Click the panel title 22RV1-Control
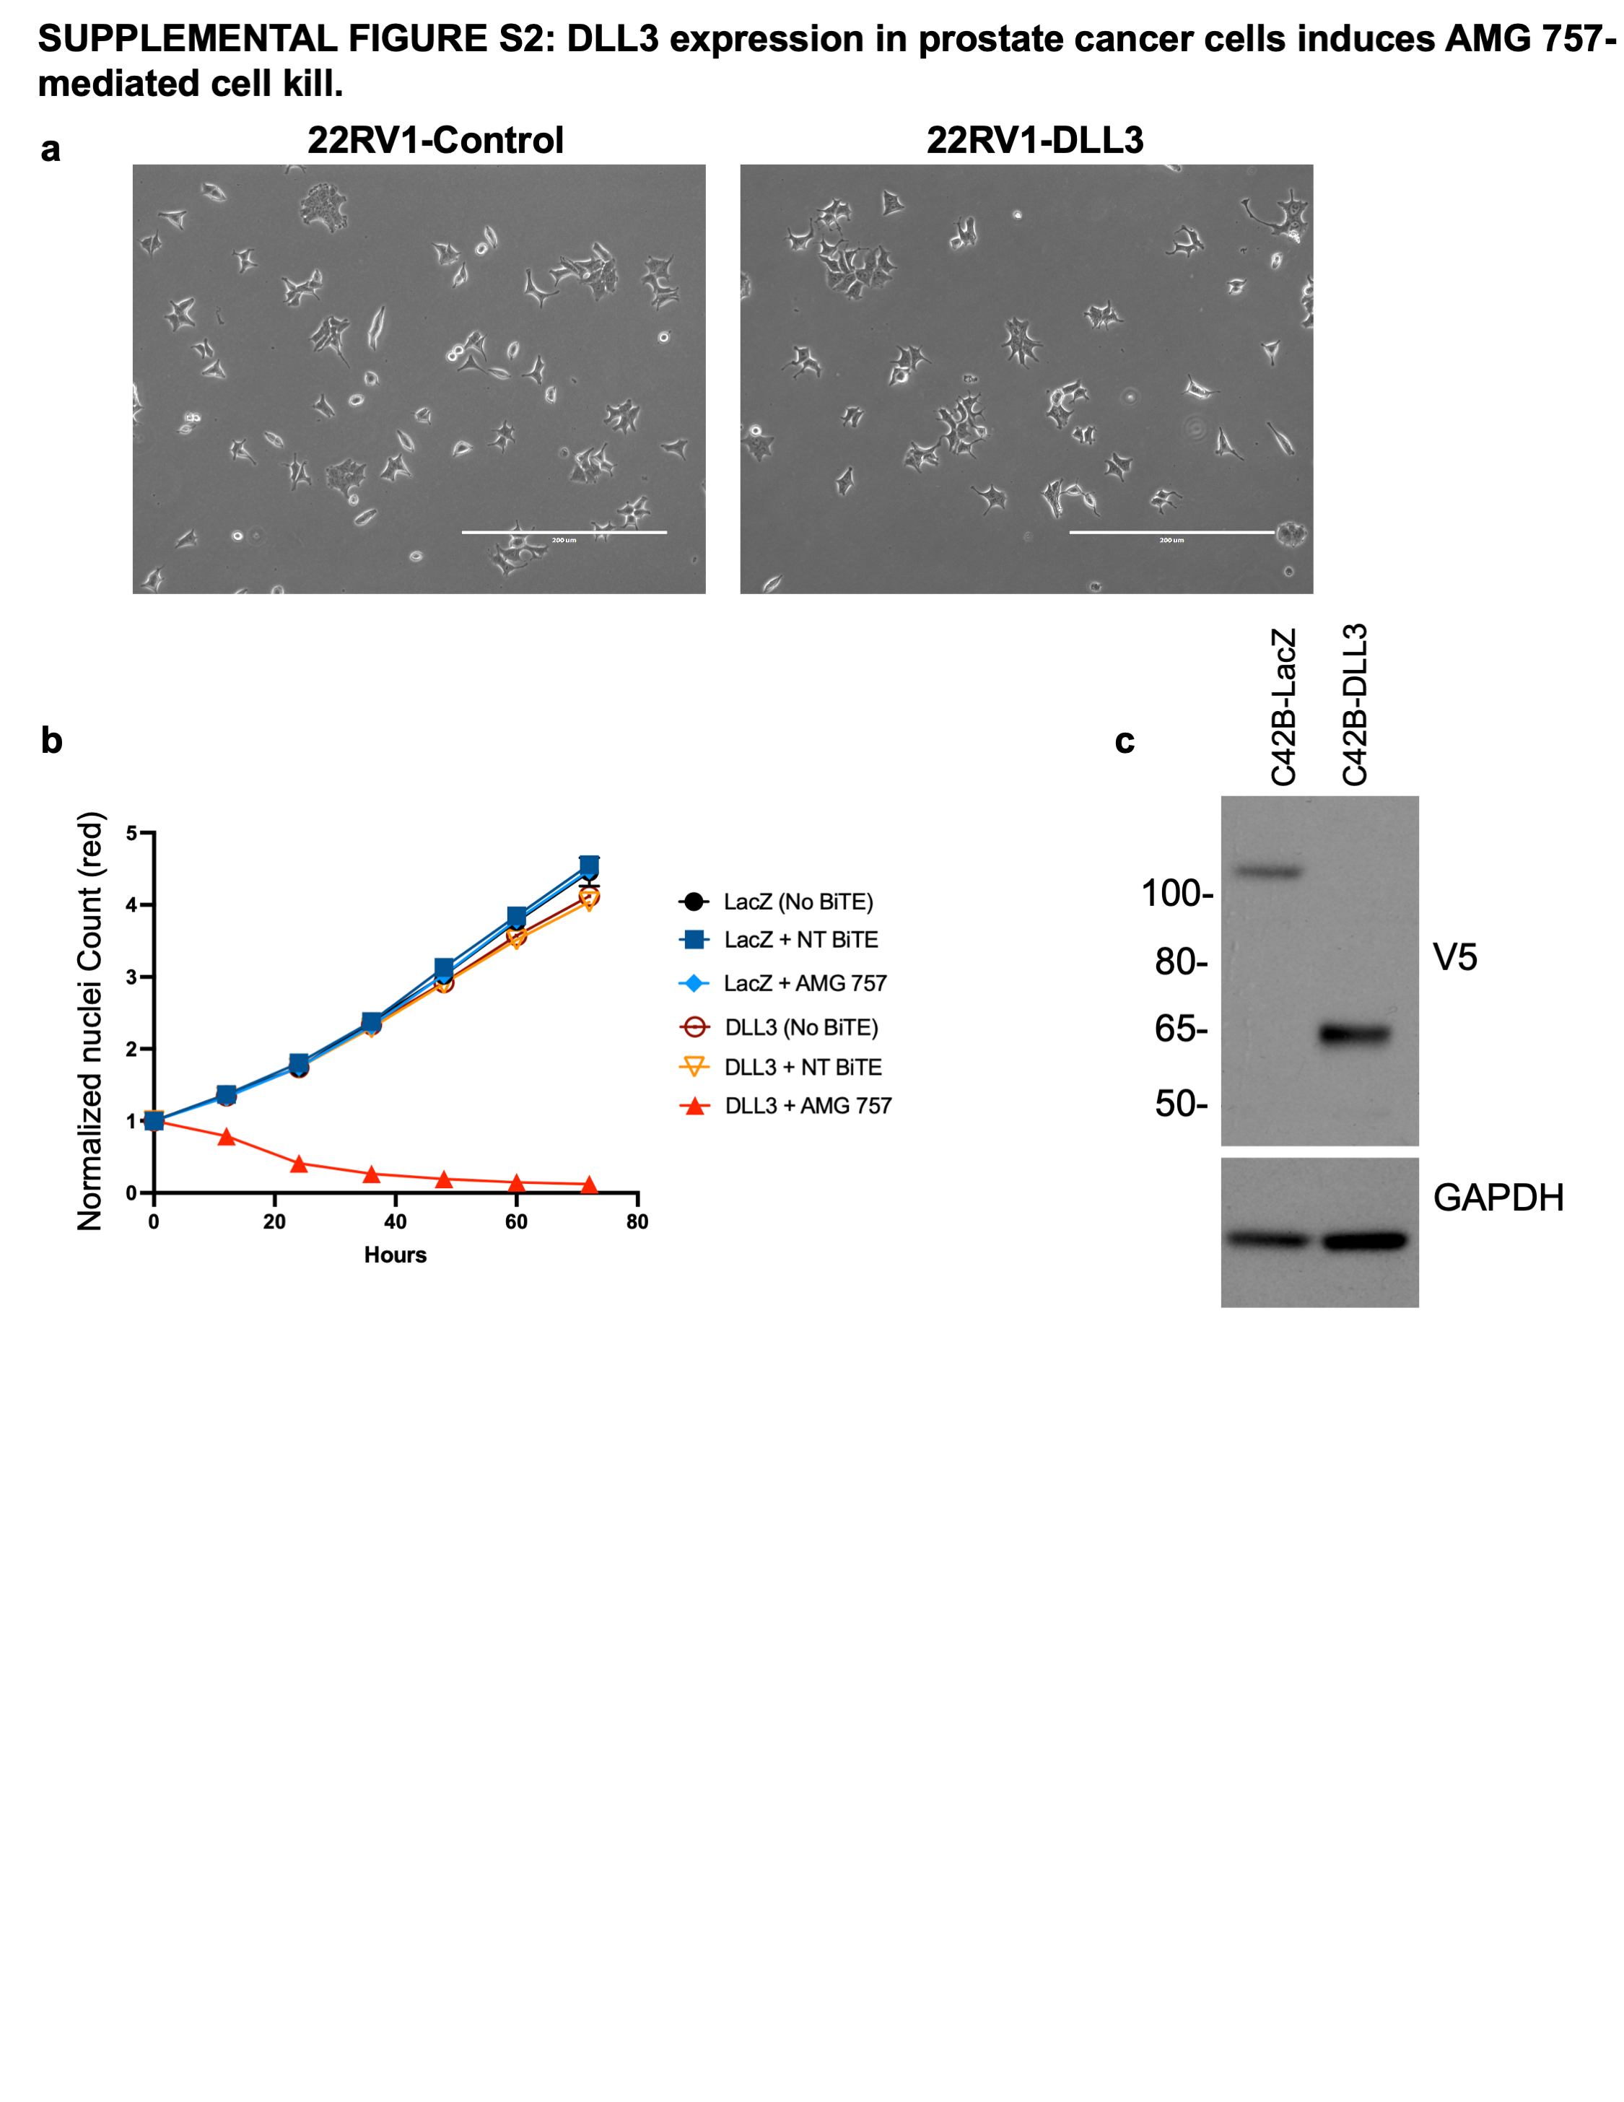click(x=435, y=141)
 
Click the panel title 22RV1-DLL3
click(x=1034, y=141)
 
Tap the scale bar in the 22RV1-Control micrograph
click(x=564, y=531)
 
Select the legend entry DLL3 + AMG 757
click(x=807, y=1106)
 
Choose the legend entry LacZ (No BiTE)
click(x=798, y=902)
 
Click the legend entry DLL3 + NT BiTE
click(x=803, y=1066)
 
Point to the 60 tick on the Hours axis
click(x=515, y=1221)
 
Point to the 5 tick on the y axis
click(x=132, y=832)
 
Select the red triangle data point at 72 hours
click(x=589, y=1184)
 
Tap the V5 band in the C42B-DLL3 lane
click(x=1355, y=1034)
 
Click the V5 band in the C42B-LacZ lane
click(x=1268, y=872)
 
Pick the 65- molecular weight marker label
click(x=1181, y=1029)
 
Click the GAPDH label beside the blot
click(x=1497, y=1198)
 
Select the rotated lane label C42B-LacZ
click(x=1283, y=707)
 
